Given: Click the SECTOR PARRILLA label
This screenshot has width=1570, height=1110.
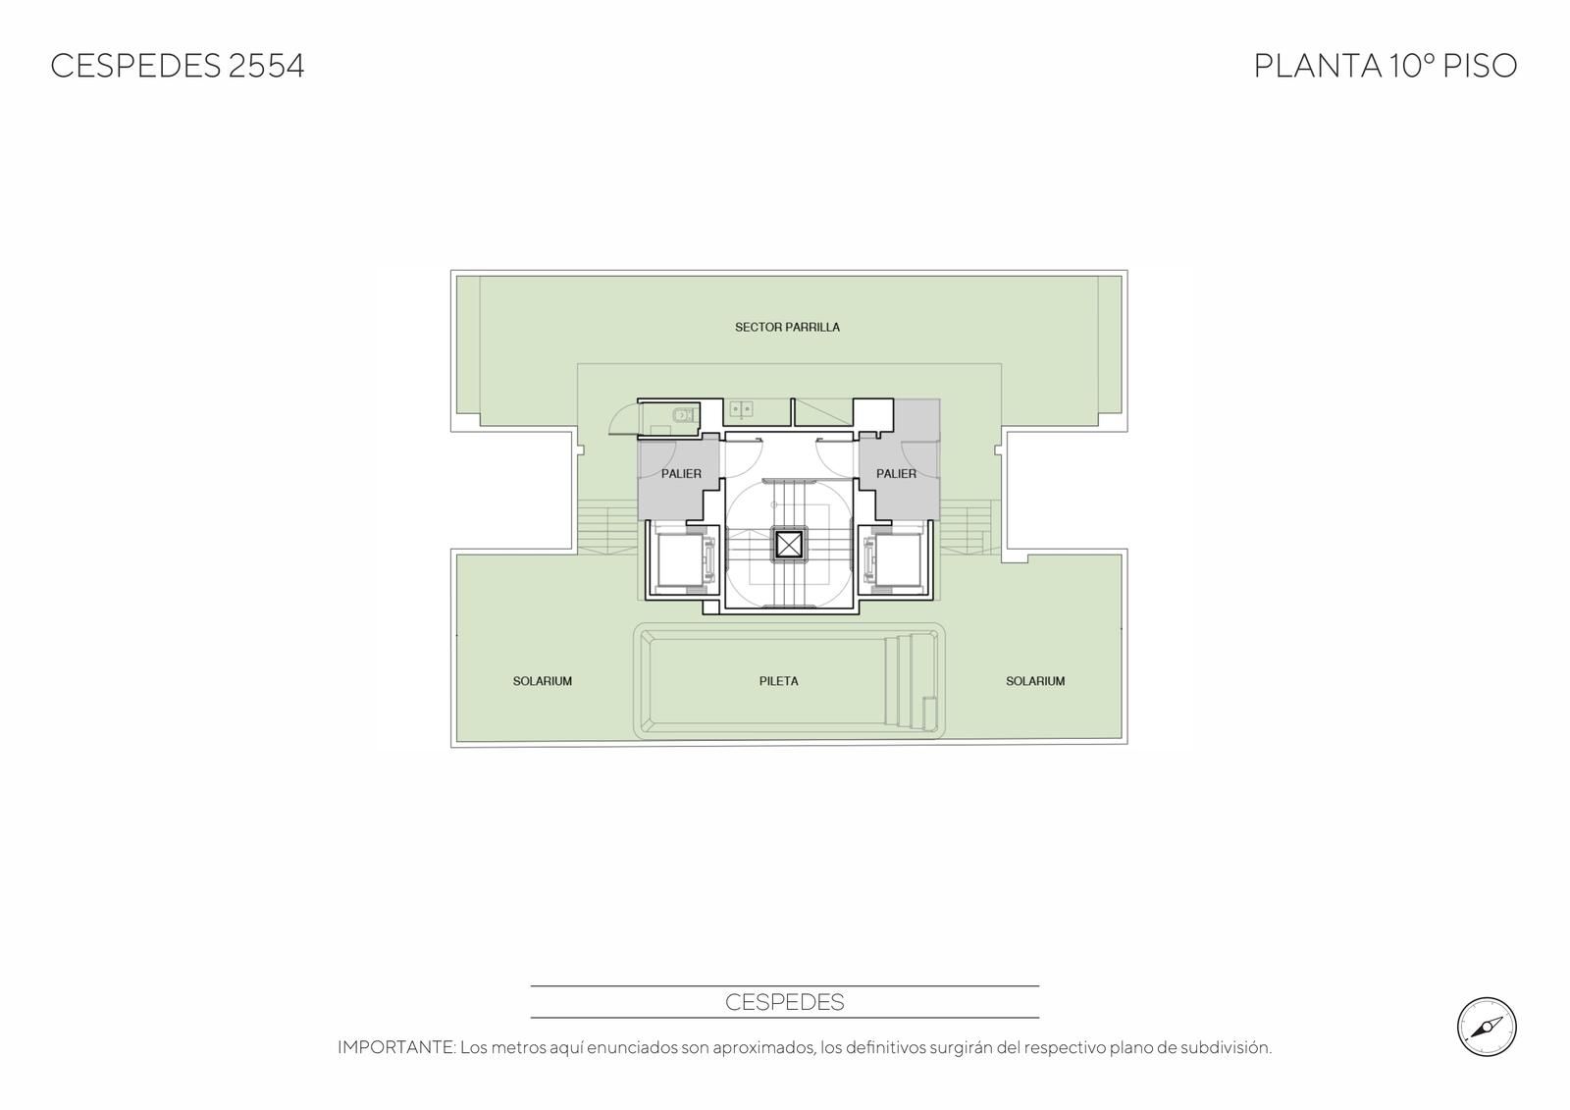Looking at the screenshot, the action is [x=787, y=328].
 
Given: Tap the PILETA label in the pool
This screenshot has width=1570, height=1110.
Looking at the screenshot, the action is [x=779, y=681].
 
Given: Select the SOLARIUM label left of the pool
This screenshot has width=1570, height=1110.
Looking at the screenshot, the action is [x=543, y=681].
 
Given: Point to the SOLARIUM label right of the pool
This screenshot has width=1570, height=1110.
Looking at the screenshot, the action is [x=1035, y=681].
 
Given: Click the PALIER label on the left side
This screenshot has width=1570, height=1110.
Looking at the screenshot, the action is [x=681, y=474].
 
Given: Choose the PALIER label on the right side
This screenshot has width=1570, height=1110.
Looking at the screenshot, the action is [x=897, y=474].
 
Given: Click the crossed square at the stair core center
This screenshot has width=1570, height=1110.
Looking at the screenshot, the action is [x=789, y=545].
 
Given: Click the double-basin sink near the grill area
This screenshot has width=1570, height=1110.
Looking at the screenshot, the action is [x=741, y=409].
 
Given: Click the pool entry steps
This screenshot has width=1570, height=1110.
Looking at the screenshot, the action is [x=910, y=681].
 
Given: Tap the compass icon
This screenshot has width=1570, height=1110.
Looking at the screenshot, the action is [x=1487, y=1028].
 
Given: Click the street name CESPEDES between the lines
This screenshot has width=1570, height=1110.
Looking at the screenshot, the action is [x=784, y=1003].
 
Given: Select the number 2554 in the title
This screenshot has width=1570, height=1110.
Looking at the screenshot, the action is [x=266, y=66].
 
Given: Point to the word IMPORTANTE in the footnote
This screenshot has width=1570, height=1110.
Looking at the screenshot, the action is [x=396, y=1047].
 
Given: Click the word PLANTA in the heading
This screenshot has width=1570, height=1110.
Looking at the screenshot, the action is [x=1317, y=66].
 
